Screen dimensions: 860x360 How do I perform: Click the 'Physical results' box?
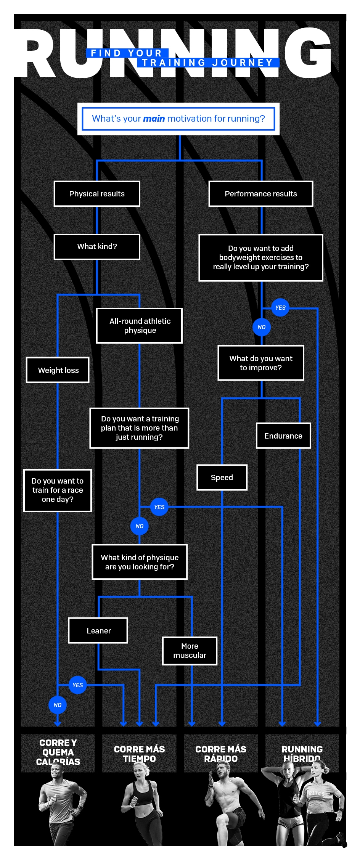pyautogui.click(x=97, y=194)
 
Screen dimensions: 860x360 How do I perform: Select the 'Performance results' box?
pyautogui.click(x=261, y=194)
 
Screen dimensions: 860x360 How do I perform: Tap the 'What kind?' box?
pyautogui.click(x=97, y=247)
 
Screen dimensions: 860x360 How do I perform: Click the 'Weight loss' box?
pyautogui.click(x=58, y=370)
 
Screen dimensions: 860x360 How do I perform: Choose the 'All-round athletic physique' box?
pyautogui.click(x=140, y=326)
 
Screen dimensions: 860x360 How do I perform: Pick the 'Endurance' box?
pyautogui.click(x=283, y=436)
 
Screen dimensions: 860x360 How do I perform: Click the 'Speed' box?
pyautogui.click(x=222, y=477)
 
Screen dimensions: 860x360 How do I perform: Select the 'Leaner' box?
pyautogui.click(x=98, y=631)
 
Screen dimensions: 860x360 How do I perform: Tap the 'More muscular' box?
pyautogui.click(x=190, y=651)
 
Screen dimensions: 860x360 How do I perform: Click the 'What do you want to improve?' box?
pyautogui.click(x=261, y=363)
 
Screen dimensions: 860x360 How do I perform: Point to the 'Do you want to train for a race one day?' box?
pyautogui.click(x=58, y=490)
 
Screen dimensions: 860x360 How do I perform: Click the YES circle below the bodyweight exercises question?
pyautogui.click(x=280, y=308)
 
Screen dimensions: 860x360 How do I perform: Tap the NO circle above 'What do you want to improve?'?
pyautogui.click(x=262, y=327)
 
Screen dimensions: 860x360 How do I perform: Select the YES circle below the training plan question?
pyautogui.click(x=159, y=507)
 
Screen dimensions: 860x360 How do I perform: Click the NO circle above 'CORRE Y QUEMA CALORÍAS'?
pyautogui.click(x=58, y=705)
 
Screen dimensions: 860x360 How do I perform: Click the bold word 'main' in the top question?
pyautogui.click(x=154, y=119)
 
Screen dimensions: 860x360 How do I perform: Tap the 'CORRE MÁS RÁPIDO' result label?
pyautogui.click(x=221, y=754)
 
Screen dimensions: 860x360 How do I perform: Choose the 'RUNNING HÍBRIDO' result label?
pyautogui.click(x=302, y=754)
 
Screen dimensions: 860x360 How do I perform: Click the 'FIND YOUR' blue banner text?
pyautogui.click(x=127, y=53)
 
